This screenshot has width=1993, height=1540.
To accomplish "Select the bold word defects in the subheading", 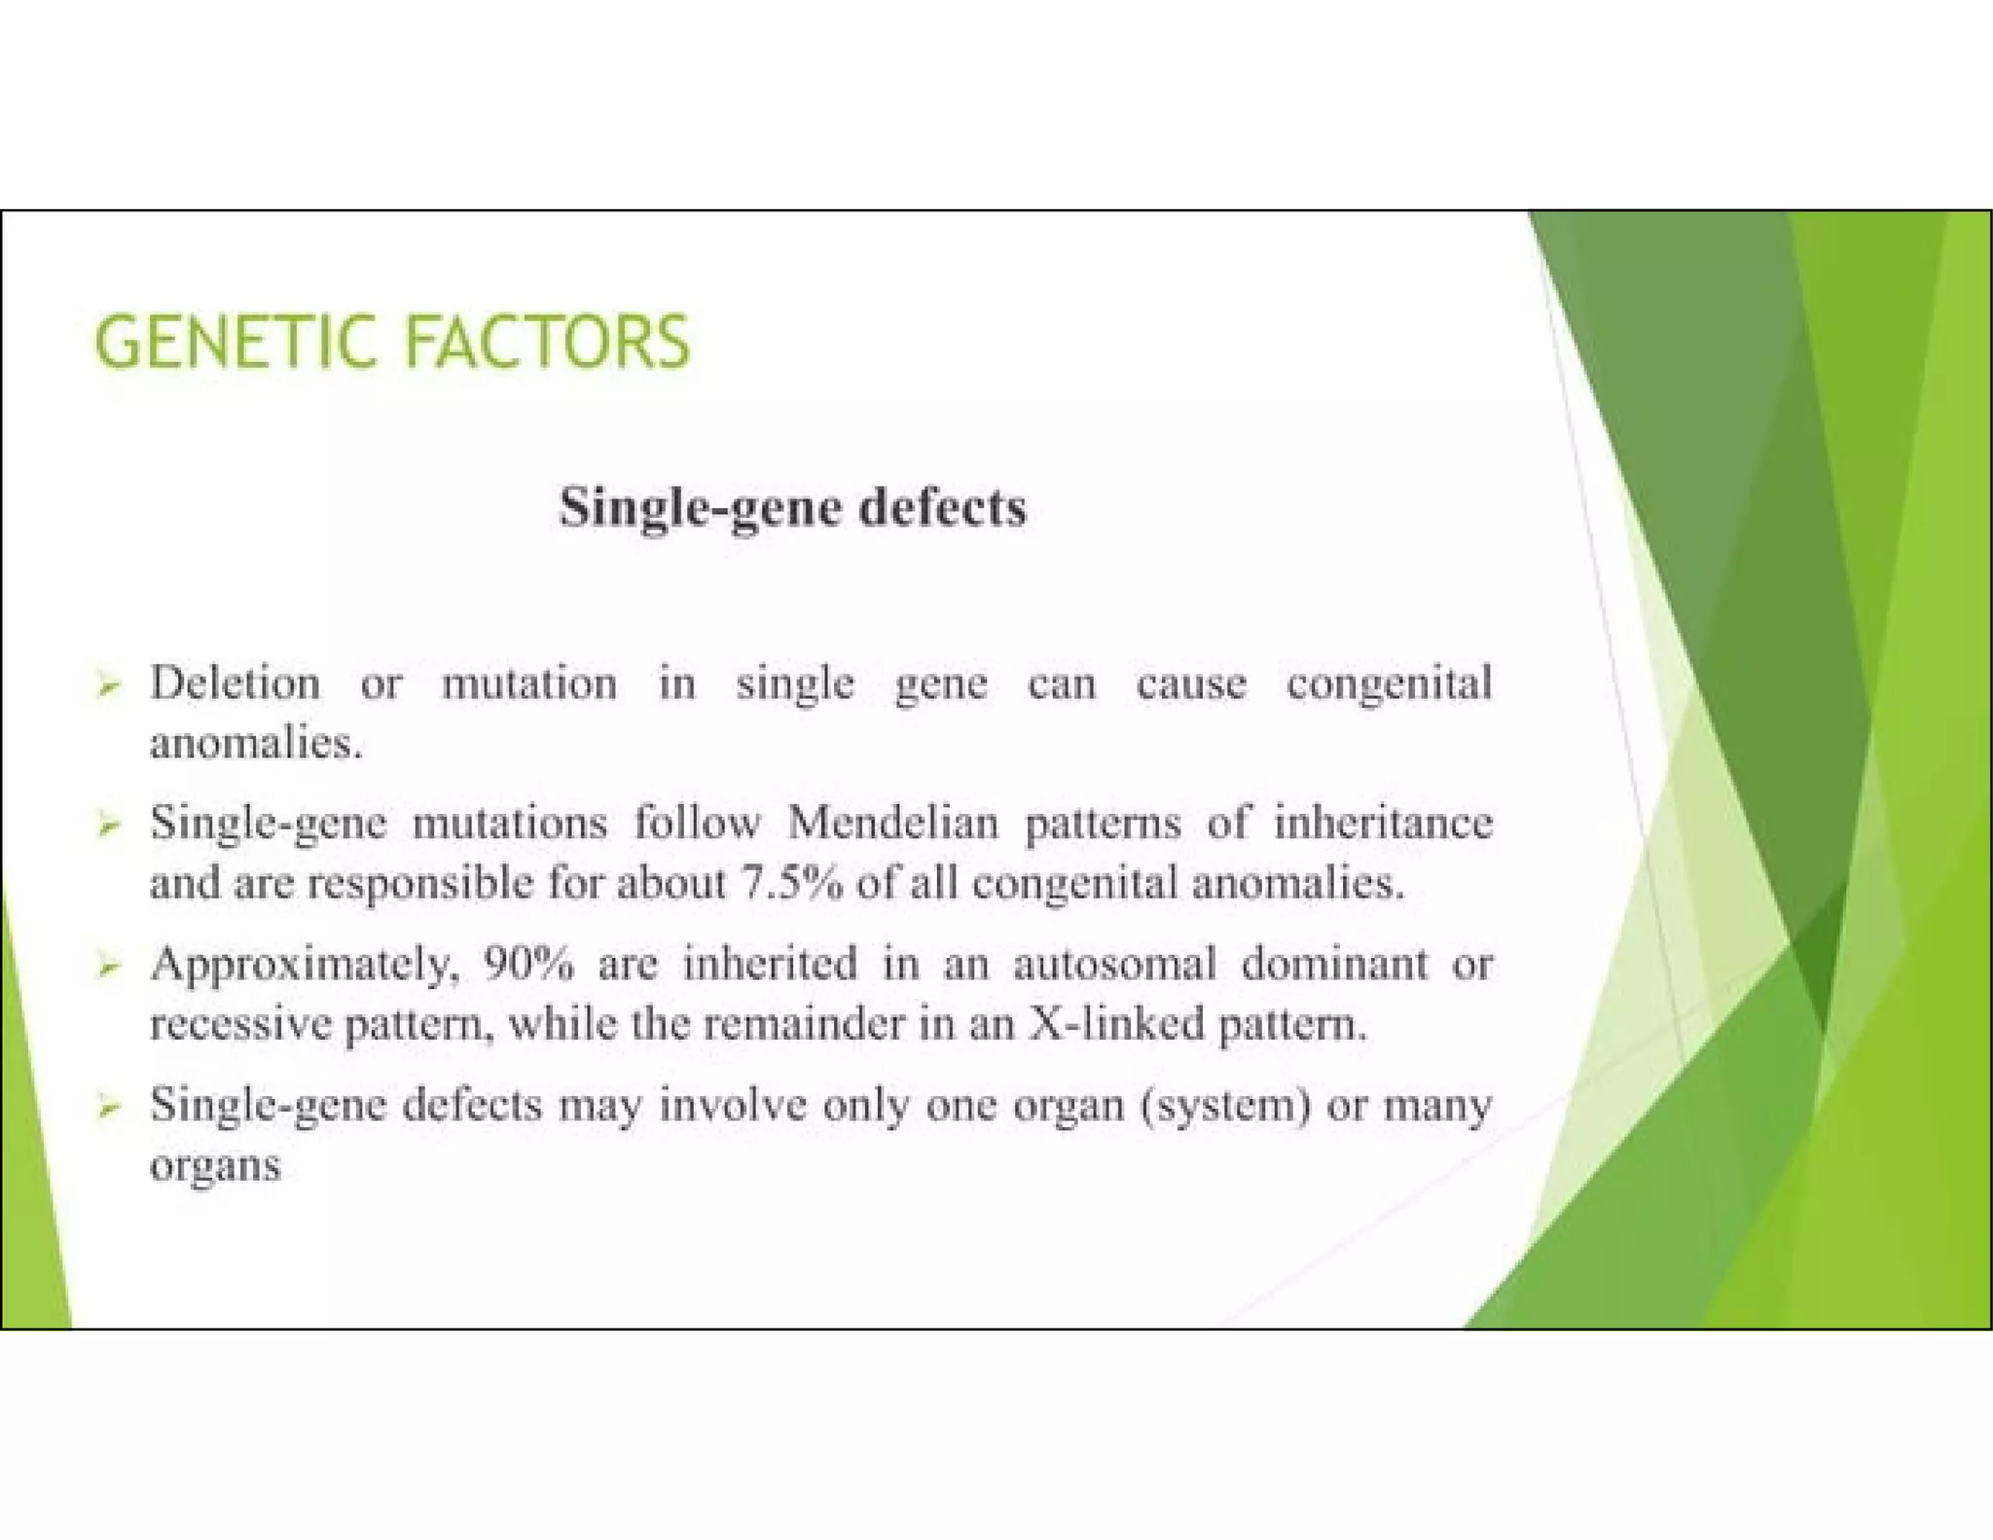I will (x=942, y=508).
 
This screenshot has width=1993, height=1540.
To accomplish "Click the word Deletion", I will (x=235, y=683).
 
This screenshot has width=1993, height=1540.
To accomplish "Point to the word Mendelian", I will (x=892, y=824).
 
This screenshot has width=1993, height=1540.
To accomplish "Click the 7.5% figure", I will (x=791, y=884).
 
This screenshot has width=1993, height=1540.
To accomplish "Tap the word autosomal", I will (x=1114, y=965).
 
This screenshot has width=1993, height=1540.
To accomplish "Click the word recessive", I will (x=239, y=1025).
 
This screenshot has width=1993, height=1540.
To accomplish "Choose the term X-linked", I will (x=1115, y=1025).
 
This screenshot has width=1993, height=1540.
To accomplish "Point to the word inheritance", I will (x=1383, y=824).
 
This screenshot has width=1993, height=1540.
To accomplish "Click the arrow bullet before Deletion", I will (x=108, y=686).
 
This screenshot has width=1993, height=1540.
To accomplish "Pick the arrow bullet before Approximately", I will (x=108, y=967).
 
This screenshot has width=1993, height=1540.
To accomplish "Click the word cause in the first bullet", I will (x=1190, y=683).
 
